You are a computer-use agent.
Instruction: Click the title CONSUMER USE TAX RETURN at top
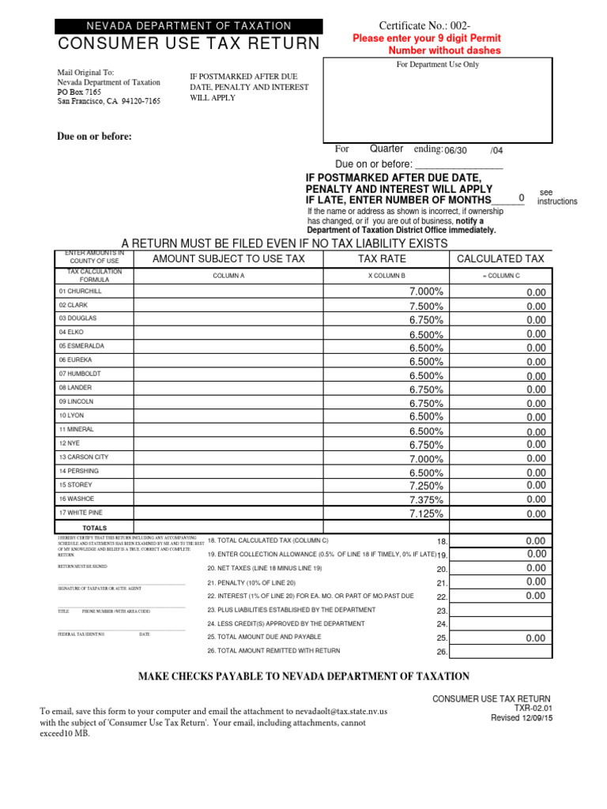pos(188,43)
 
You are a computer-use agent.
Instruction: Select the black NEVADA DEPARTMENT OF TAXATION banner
pos(188,26)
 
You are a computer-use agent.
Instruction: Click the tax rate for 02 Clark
pos(426,306)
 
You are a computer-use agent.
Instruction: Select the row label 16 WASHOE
pos(76,499)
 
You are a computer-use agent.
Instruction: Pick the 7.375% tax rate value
pos(426,499)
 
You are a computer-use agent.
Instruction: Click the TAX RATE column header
pos(382,258)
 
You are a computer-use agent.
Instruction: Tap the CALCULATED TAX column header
pos(500,258)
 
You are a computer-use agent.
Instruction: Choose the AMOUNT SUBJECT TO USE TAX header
pos(228,258)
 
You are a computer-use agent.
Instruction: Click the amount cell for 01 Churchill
pos(228,292)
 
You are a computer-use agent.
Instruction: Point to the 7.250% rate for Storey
pos(426,485)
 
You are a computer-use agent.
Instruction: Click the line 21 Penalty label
pos(251,582)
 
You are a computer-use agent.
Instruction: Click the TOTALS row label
pos(95,528)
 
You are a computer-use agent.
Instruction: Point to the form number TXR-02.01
pos(532,709)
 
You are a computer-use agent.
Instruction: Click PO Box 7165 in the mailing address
pos(79,92)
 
